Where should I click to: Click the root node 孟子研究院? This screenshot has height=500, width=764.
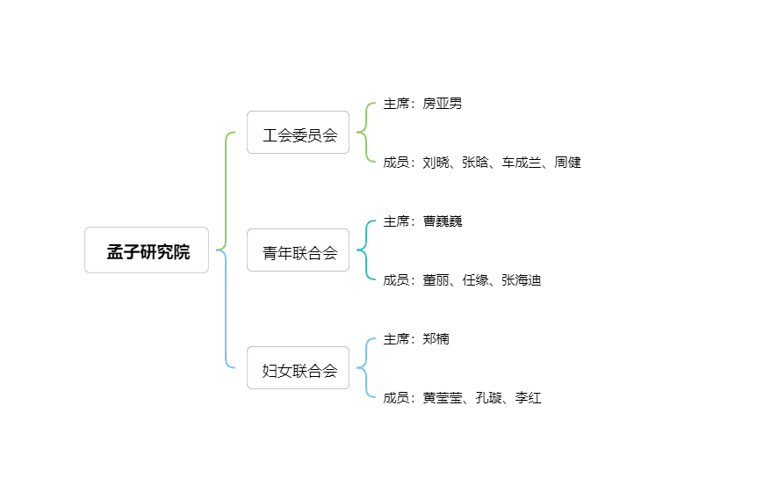point(147,250)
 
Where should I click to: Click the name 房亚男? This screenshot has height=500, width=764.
point(443,104)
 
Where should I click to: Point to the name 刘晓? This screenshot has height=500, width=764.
point(436,163)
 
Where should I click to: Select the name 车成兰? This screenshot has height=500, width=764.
point(522,163)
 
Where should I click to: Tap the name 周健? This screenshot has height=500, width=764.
point(567,163)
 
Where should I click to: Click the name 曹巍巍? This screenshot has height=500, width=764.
point(443,221)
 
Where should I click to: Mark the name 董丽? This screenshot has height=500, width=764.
point(436,280)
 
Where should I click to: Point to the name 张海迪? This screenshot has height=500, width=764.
point(522,280)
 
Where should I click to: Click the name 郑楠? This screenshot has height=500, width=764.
point(436,339)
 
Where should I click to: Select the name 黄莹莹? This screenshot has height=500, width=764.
point(443,398)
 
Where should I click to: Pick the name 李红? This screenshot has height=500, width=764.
point(529,398)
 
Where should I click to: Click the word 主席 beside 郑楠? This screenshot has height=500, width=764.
point(396,339)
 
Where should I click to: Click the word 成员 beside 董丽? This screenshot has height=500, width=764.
point(396,280)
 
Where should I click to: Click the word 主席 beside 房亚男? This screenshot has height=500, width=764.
point(396,104)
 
